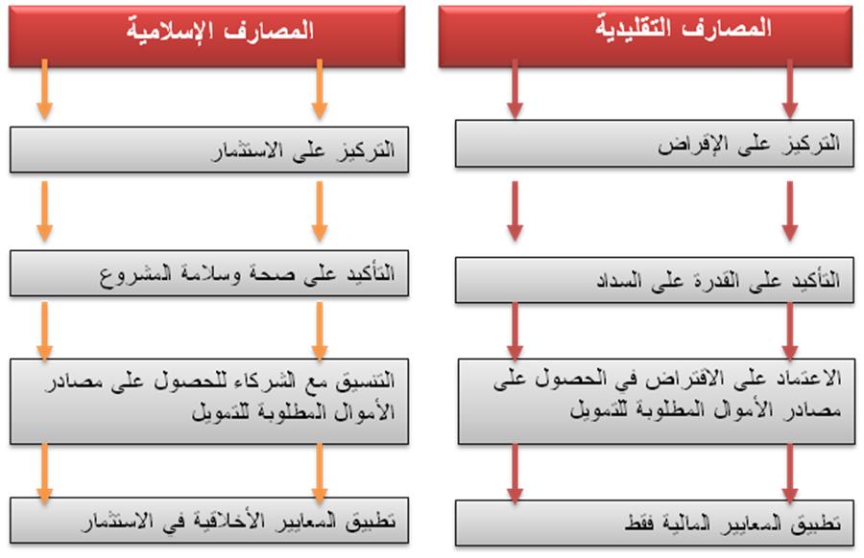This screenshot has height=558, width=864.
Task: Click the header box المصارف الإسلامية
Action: tap(207, 36)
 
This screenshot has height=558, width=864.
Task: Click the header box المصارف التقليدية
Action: tap(645, 36)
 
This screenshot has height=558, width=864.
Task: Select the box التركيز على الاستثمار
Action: tap(209, 150)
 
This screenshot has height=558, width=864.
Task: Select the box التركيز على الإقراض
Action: tap(655, 144)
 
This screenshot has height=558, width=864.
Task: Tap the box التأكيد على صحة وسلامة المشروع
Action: tap(209, 273)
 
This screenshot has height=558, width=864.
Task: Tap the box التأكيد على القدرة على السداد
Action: tap(655, 280)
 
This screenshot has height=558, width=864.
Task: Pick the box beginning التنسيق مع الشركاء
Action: tap(209, 402)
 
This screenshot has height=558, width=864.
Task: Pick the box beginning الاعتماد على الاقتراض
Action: tap(657, 402)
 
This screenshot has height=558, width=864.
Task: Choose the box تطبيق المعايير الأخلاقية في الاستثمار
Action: tap(209, 521)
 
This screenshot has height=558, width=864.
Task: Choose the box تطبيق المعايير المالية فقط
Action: tap(655, 523)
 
